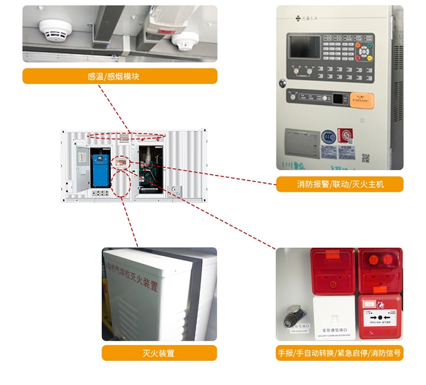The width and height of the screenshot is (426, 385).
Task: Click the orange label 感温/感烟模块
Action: click(119, 76)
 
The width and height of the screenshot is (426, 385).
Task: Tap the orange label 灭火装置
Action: click(159, 353)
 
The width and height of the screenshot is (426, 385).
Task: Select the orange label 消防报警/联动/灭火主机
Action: click(340, 185)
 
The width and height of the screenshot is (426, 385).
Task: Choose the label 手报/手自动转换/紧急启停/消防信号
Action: click(339, 353)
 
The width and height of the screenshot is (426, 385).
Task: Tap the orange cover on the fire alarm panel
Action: click(362, 99)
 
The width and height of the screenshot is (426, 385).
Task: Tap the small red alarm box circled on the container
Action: click(122, 160)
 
